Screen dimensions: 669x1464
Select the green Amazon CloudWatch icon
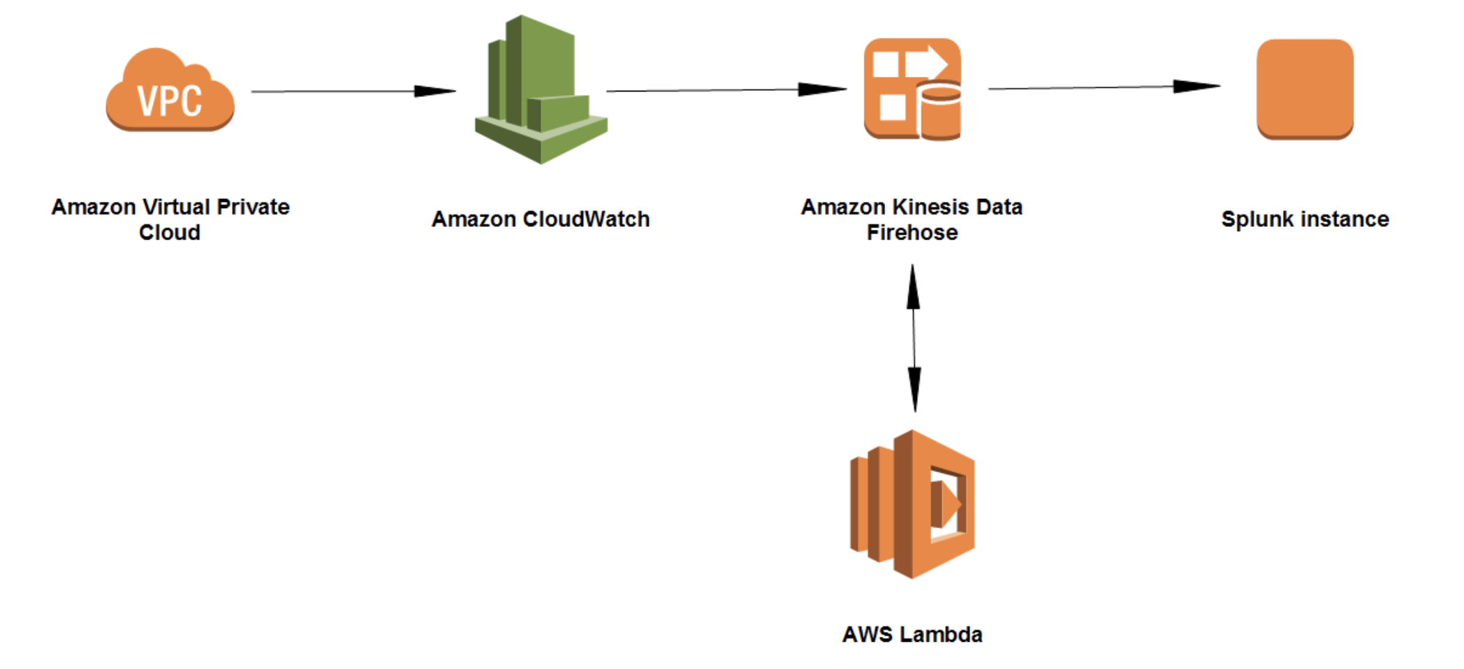[540, 91]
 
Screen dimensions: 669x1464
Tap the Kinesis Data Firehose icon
[912, 89]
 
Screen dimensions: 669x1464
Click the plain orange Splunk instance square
[1305, 89]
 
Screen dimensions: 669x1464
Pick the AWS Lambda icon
[912, 503]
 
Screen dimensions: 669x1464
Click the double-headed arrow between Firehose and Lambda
[914, 338]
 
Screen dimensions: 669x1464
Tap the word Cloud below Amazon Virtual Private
[170, 233]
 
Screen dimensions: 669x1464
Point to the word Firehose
[912, 233]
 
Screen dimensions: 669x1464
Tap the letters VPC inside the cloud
[170, 101]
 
